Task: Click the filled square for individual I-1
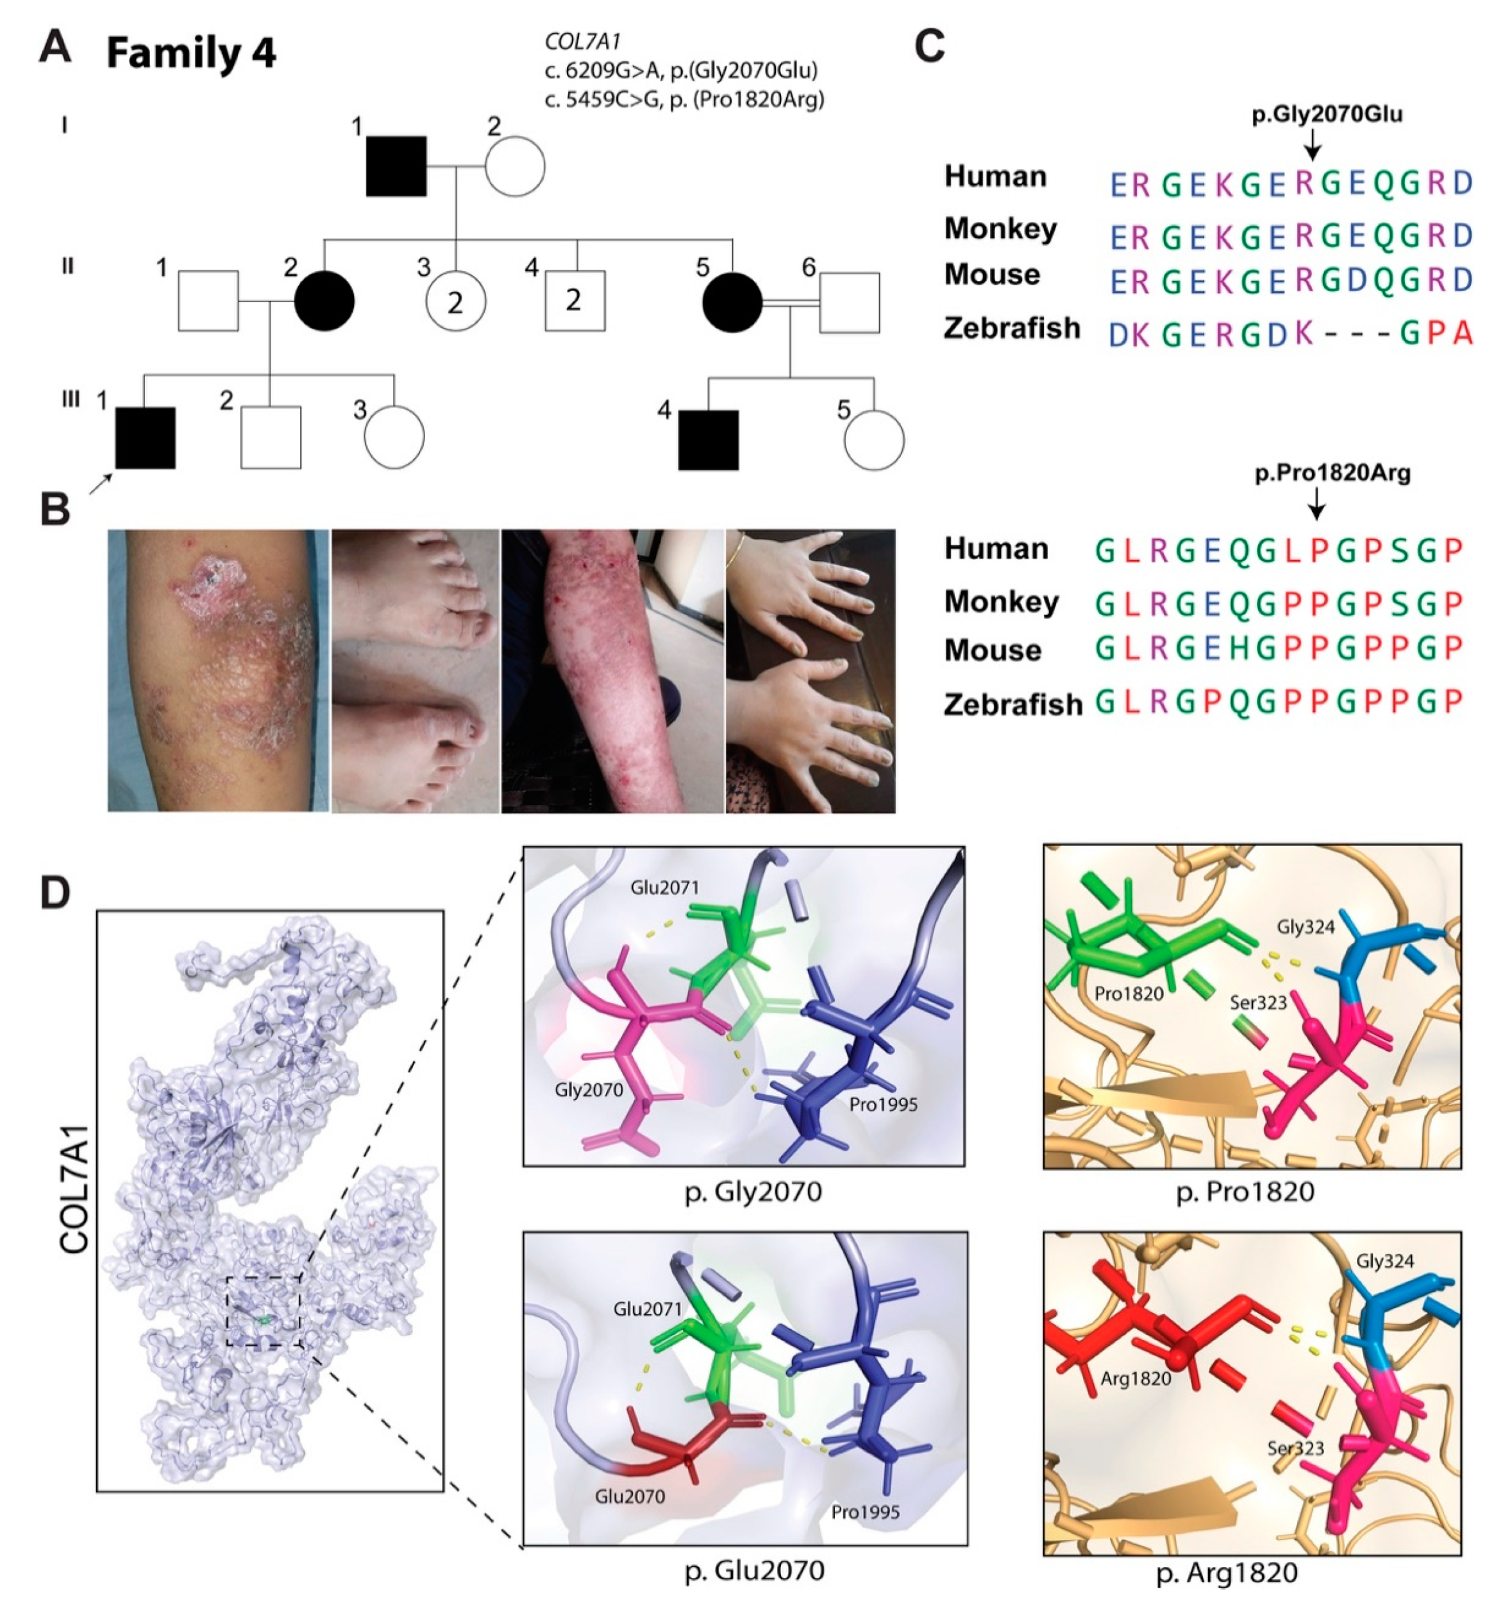point(396,166)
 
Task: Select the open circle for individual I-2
point(515,166)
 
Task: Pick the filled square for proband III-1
point(145,438)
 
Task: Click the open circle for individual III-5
point(874,440)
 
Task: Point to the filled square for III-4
point(708,440)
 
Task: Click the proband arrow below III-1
point(100,484)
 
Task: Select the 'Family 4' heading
point(191,54)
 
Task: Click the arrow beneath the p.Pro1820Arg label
point(1315,504)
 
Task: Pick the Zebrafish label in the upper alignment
point(1012,329)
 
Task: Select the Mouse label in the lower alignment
point(992,650)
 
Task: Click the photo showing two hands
point(810,671)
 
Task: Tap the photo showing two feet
point(416,671)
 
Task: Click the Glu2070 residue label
point(630,1497)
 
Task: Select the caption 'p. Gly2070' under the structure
point(753,1191)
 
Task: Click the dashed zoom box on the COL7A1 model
point(263,1310)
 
